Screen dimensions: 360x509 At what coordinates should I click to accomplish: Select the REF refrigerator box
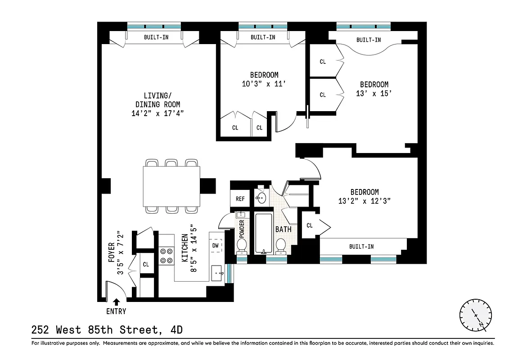240,198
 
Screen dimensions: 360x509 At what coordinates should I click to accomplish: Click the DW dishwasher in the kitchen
216,245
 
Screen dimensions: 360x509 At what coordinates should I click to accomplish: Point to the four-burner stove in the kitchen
167,256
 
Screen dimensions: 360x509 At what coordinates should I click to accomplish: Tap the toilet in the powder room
242,246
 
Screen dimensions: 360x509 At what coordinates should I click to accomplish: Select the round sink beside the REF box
261,197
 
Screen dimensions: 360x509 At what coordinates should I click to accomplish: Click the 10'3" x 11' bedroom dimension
264,83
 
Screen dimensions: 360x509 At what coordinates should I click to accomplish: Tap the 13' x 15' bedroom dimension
374,93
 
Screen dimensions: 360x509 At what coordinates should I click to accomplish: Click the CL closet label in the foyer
146,265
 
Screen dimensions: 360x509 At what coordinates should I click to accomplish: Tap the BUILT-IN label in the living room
156,37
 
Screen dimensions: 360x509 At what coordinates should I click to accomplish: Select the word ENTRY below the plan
116,311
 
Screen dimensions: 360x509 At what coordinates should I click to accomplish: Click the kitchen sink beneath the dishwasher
217,273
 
